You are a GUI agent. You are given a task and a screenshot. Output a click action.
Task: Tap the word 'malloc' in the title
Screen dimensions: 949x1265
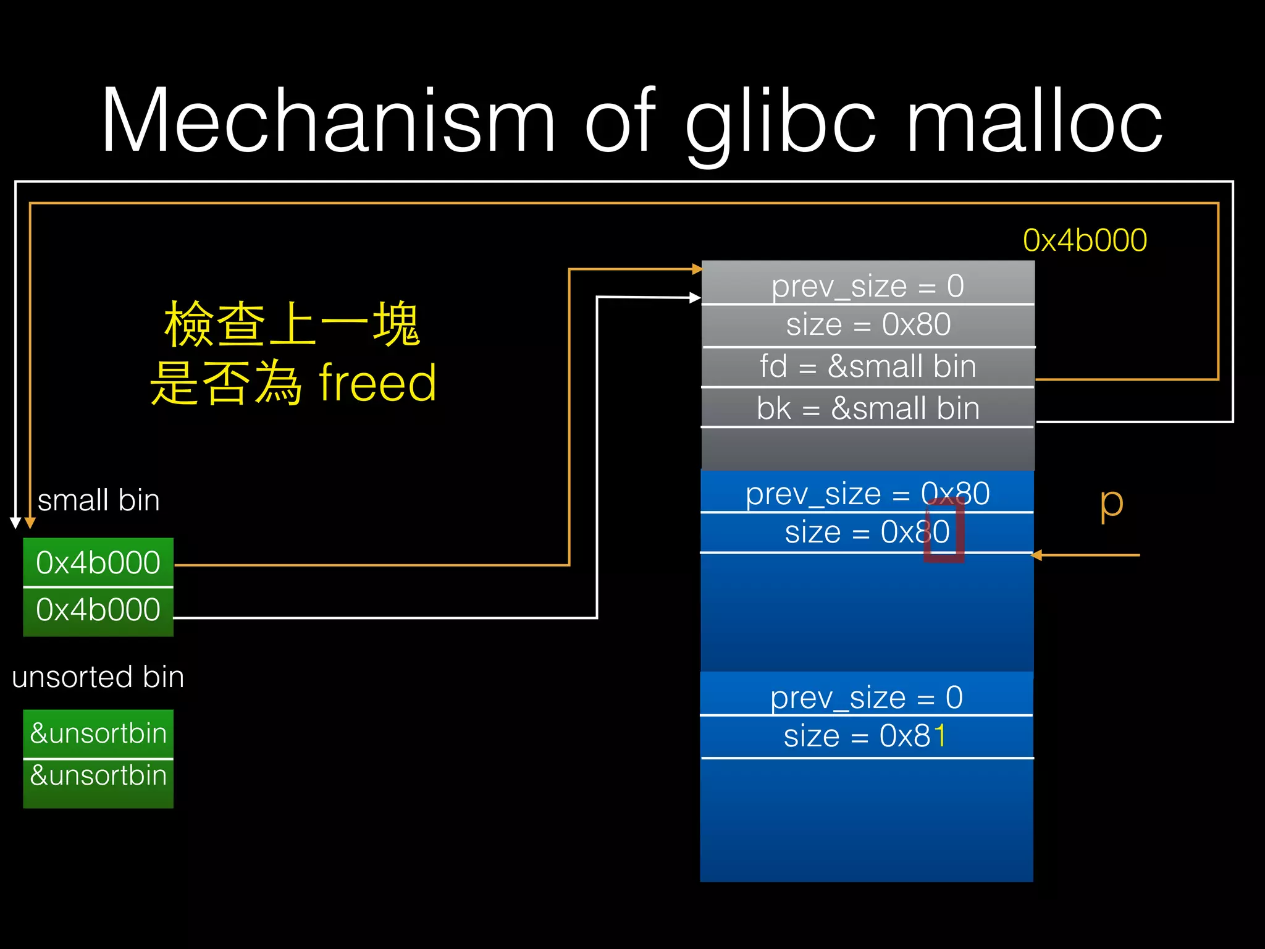[x=1034, y=120]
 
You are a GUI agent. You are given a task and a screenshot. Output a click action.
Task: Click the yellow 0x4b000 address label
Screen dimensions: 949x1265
[x=1085, y=240]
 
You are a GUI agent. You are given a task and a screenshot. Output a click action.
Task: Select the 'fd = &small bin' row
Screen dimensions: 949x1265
[x=868, y=366]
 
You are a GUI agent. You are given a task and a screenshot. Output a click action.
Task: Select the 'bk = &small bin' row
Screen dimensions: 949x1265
[x=868, y=408]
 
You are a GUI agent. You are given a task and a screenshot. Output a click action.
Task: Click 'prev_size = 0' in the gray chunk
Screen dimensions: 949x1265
[x=868, y=286]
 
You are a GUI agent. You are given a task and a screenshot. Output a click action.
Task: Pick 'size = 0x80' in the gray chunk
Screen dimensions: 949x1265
[x=868, y=325]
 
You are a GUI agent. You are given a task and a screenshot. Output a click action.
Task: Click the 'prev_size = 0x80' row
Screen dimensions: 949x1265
[x=867, y=494]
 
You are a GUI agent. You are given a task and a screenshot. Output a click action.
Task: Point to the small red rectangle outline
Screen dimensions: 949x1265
[x=944, y=531]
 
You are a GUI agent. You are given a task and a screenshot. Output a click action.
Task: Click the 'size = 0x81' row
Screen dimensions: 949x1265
[x=865, y=736]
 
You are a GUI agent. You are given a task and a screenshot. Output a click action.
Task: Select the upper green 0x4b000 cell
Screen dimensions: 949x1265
[x=98, y=562]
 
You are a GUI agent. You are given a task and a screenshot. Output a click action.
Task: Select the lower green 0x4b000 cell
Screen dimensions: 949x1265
[x=98, y=610]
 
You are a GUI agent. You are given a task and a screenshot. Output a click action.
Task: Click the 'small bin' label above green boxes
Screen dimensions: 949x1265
[x=99, y=500]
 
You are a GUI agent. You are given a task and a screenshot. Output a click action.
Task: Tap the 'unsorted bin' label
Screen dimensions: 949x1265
[x=98, y=677]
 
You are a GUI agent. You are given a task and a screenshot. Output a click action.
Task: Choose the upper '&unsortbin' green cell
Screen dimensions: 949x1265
[x=98, y=733]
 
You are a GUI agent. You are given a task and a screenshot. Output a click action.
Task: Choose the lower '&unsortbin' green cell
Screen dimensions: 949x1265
[x=98, y=775]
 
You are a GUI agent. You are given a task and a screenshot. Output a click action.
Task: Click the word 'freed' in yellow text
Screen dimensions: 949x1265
[x=377, y=383]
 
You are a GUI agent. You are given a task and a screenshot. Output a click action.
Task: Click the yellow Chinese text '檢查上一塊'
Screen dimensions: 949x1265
[x=292, y=324]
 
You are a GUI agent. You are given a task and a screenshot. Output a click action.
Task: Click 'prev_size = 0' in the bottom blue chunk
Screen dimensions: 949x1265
[x=866, y=698]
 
